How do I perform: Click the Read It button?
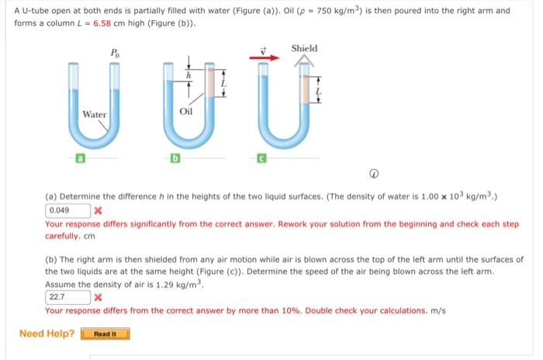coord(105,334)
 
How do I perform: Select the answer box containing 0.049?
coord(67,210)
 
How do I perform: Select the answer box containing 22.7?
coord(67,296)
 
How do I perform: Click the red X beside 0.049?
coord(97,210)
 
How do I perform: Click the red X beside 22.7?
coord(97,296)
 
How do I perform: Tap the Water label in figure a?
coord(95,114)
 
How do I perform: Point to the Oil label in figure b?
coord(186,111)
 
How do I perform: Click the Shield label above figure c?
coord(304,48)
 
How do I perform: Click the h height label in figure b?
coord(187,75)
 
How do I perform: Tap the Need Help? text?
coord(47,334)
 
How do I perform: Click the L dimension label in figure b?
coord(224,81)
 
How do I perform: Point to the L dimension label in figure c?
coord(319,92)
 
